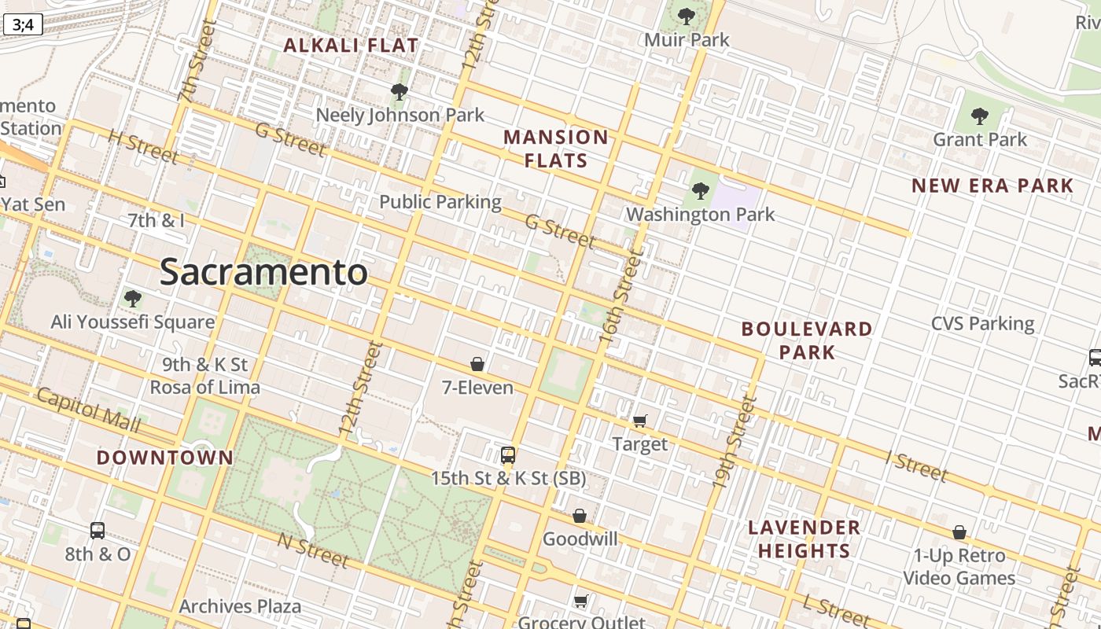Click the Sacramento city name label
pos(263,273)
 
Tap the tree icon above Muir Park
pos(687,17)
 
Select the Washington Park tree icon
pos(700,191)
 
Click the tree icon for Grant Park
pos(979,117)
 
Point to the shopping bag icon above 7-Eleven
pos(477,364)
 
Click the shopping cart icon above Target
pos(639,421)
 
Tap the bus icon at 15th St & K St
pos(508,455)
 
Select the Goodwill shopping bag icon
pos(580,516)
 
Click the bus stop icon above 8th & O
pos(98,531)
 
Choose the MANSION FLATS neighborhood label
pos(556,149)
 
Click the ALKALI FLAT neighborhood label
pos(351,46)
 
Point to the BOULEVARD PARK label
pos(807,340)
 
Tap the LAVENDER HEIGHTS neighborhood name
pos(804,539)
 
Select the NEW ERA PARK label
pos(992,186)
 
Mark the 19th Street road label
pos(734,443)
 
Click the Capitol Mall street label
pos(88,410)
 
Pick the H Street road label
pos(142,147)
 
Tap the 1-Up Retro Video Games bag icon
pos(959,533)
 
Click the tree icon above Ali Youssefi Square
pos(132,299)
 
